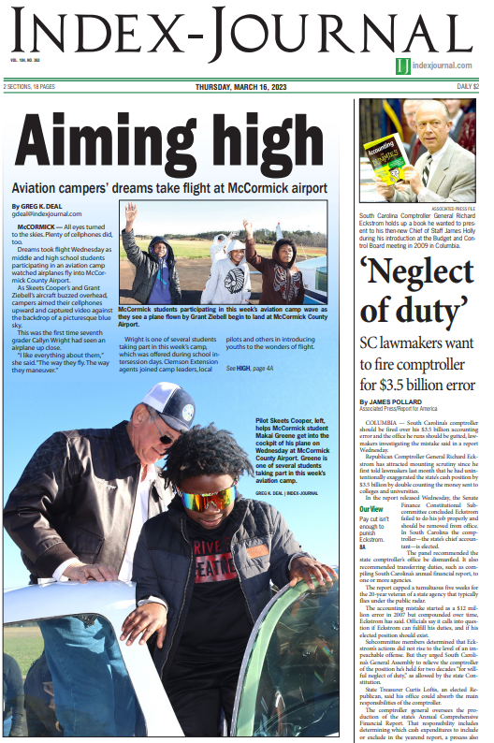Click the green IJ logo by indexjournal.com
pos(402,65)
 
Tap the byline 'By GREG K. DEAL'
pos(43,206)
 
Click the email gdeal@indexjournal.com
pos(47,214)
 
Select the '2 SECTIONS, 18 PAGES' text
pos(29,87)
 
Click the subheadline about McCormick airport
pos(169,188)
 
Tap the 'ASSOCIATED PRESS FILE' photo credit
pos(453,209)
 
